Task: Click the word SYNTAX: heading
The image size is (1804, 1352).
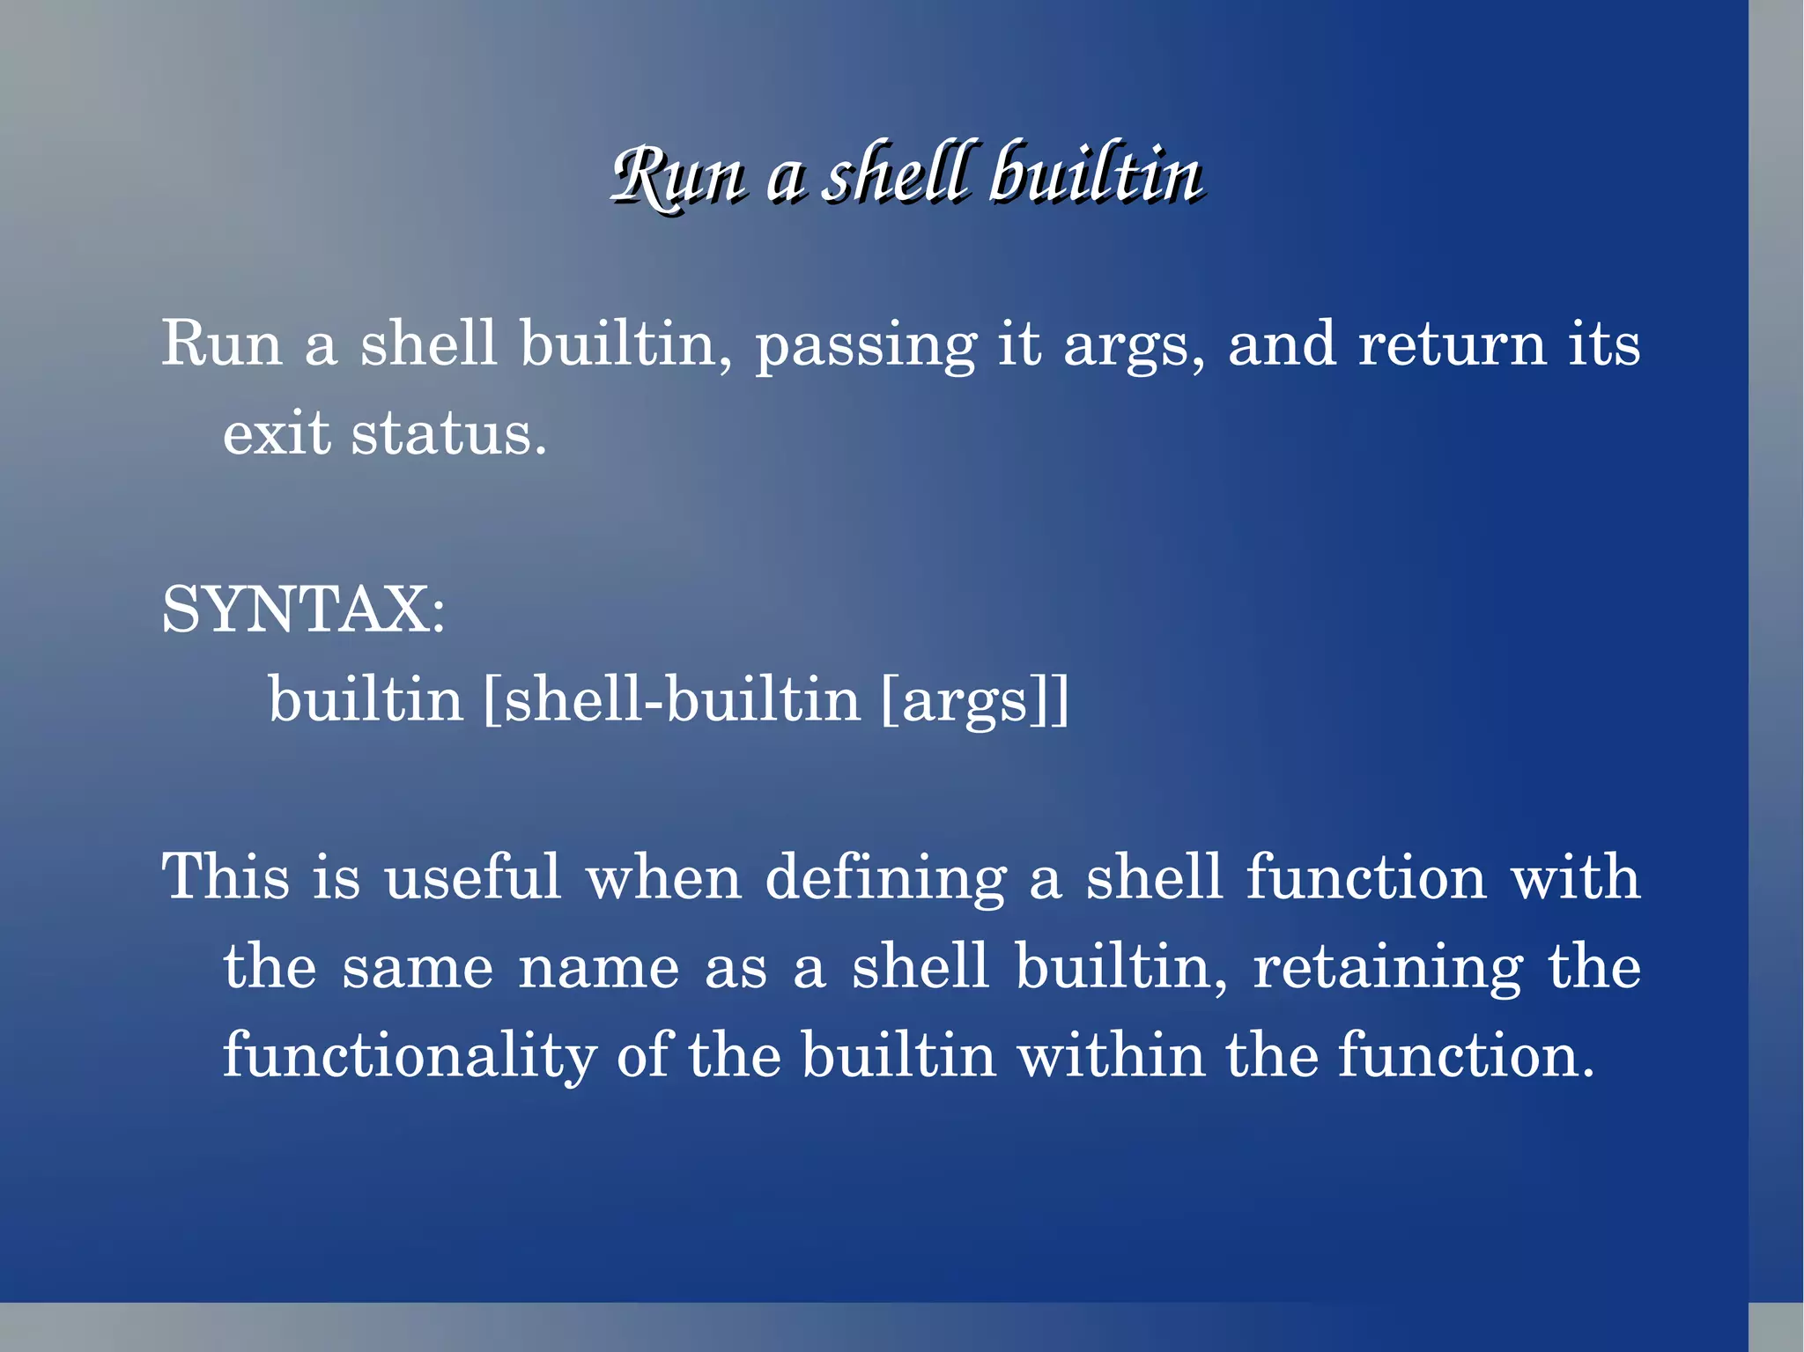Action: pyautogui.click(x=304, y=610)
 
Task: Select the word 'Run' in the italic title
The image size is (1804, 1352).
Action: pyautogui.click(x=678, y=176)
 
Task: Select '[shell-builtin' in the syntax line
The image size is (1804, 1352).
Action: pyautogui.click(x=672, y=700)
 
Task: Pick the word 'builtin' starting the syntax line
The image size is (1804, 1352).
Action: pyautogui.click(x=366, y=700)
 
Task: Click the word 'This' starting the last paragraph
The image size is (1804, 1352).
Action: pyautogui.click(x=225, y=877)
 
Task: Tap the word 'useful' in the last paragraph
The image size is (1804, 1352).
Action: pyautogui.click(x=472, y=877)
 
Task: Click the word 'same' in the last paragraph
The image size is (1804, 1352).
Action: pyautogui.click(x=418, y=968)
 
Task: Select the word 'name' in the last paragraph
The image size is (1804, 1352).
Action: pyautogui.click(x=599, y=968)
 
